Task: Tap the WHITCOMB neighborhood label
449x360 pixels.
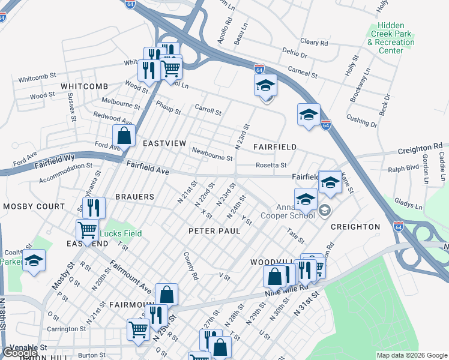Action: coord(84,86)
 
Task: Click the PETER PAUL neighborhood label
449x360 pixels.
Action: coord(214,231)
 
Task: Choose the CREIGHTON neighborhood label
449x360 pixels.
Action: coord(355,227)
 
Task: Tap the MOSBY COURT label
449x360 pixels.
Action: coord(34,206)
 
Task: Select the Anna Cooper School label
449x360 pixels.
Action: coord(280,214)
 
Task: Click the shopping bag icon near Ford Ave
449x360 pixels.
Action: coord(124,136)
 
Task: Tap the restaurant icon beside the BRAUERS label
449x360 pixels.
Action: coord(94,208)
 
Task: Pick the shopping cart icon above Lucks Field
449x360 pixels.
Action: coord(87,229)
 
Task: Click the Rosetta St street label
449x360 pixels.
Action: coord(271,165)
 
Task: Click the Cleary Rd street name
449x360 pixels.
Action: coord(314,43)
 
